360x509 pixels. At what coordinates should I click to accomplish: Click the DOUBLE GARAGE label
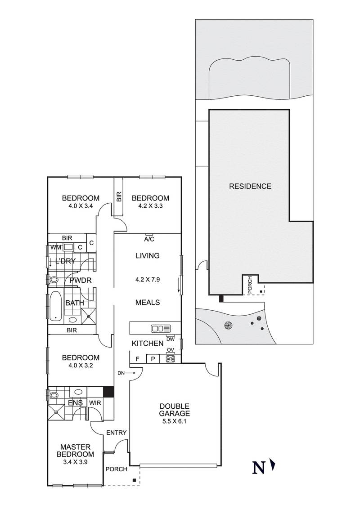point(175,410)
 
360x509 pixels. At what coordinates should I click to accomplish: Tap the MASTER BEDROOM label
point(76,451)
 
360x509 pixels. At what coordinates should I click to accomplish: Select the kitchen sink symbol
point(161,329)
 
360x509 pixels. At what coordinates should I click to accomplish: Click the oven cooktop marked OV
point(171,359)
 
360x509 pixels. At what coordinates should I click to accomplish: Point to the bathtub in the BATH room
point(55,306)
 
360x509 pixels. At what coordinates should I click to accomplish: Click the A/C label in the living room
point(149,240)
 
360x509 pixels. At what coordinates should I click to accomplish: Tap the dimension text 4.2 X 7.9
point(148,279)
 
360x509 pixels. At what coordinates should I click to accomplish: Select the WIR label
point(95,403)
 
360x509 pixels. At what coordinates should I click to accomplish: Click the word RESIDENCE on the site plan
point(250,186)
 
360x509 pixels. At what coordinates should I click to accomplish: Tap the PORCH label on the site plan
point(250,285)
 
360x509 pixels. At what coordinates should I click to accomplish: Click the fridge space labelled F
point(137,359)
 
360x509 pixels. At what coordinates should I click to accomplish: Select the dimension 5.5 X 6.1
point(175,422)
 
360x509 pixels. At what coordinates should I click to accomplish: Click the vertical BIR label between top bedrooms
point(119,196)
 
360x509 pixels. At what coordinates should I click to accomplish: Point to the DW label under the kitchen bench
point(171,339)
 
